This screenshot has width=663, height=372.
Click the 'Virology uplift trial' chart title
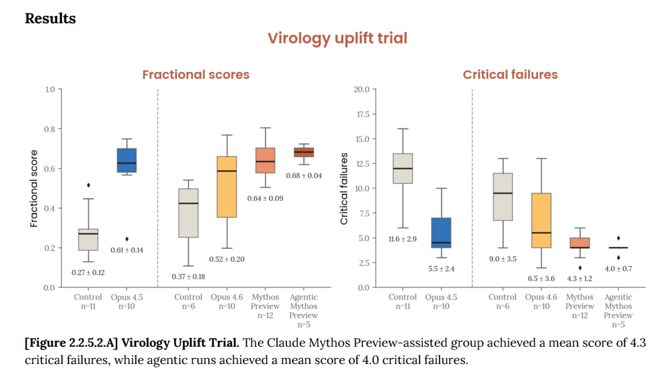point(337,38)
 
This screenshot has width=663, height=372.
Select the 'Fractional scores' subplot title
point(196,75)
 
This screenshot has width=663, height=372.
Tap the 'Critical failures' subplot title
point(510,75)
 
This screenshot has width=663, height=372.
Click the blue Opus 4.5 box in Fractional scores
point(126,160)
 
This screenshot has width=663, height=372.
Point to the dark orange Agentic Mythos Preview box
point(303,152)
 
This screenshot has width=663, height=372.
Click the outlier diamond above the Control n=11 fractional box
point(88,185)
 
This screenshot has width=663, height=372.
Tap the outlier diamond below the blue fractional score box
point(126,239)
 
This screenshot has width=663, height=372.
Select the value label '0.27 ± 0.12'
point(88,273)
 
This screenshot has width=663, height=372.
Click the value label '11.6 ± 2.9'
point(402,238)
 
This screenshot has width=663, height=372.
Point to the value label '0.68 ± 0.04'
point(303,176)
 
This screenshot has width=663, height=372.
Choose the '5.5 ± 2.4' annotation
point(441,269)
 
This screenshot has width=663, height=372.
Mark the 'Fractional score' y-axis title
point(34,188)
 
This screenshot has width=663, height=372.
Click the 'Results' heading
point(51,19)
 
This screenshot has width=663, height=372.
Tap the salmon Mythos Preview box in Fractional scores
point(265,160)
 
